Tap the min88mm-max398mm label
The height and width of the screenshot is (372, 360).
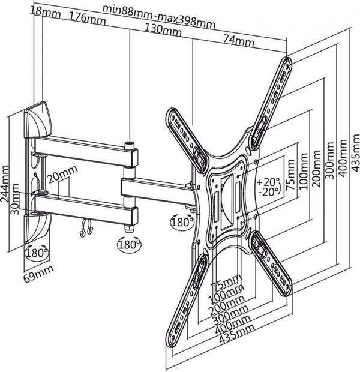pos(159,8)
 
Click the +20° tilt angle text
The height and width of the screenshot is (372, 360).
pos(268,182)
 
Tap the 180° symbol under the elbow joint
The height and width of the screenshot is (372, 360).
pos(127,245)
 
